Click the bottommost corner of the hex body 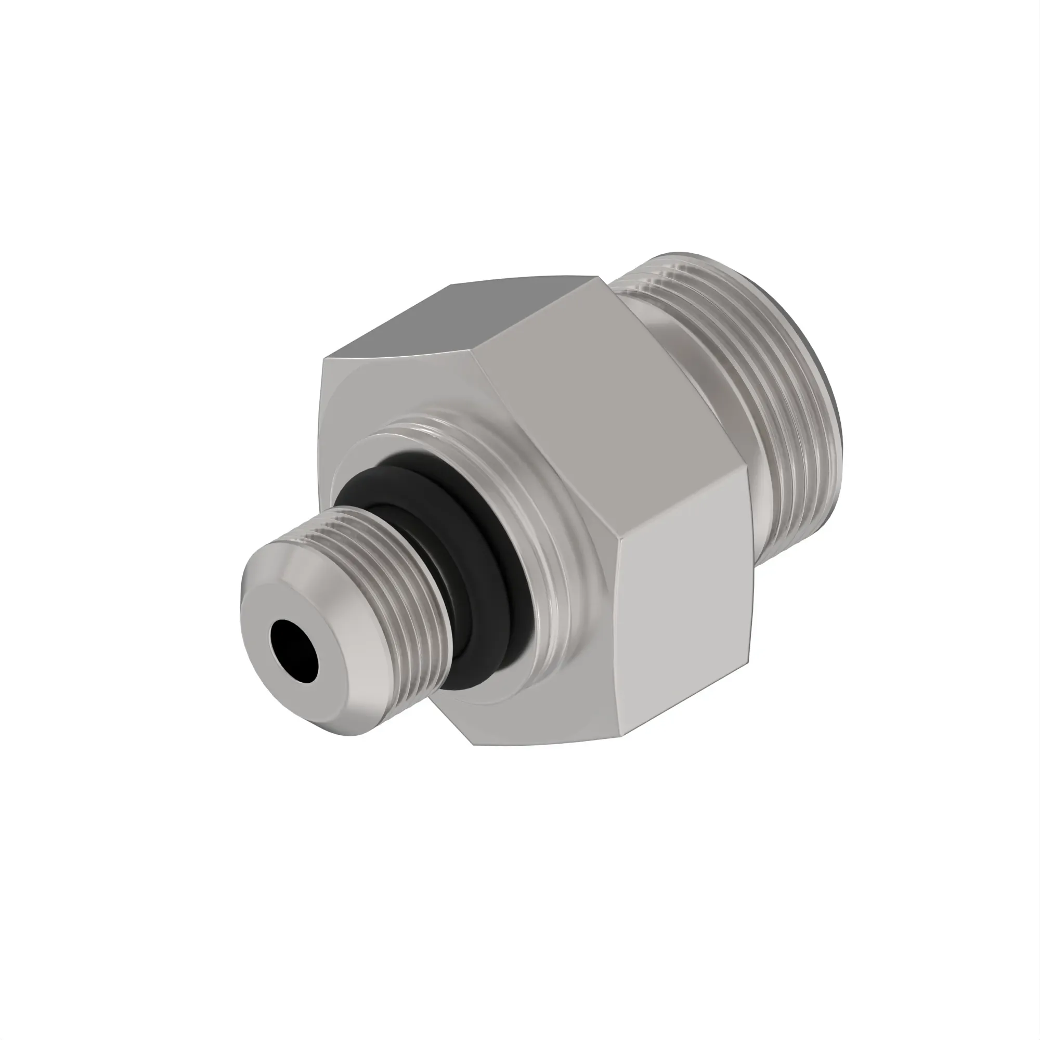click(x=474, y=745)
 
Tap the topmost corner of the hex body click(x=599, y=276)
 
